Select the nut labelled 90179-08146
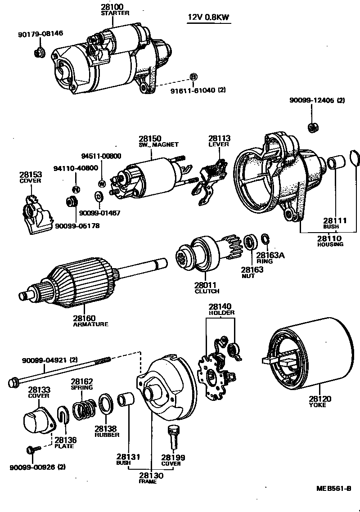(39, 52)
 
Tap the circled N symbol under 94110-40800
(76, 188)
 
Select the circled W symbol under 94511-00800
(102, 183)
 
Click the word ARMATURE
(90, 324)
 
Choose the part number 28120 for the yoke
(320, 398)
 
